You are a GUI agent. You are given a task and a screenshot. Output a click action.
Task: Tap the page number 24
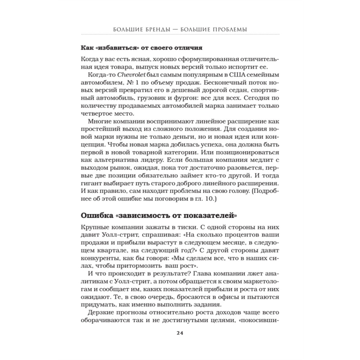coord(180,332)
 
